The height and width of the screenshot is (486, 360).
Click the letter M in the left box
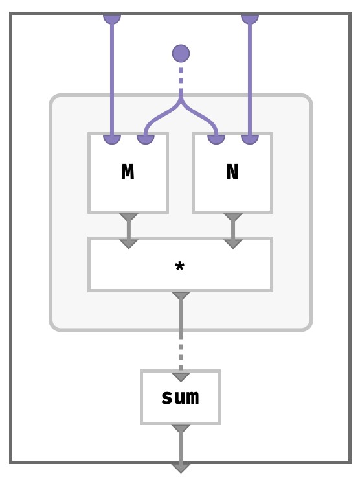pos(128,172)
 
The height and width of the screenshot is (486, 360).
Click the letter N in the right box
pos(232,172)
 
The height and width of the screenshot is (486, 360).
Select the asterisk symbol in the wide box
pos(180,266)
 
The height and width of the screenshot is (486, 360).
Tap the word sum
pos(180,397)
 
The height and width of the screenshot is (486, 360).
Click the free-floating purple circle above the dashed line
pos(181,53)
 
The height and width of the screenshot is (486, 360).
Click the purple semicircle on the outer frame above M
pos(112,18)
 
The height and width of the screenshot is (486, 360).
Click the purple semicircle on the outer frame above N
pos(250,18)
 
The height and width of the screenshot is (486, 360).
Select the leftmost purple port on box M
pos(112,139)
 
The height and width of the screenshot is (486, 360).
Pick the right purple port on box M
pos(146,139)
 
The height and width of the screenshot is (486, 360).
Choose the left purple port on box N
pos(216,139)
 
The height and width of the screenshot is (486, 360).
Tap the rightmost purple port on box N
pos(250,139)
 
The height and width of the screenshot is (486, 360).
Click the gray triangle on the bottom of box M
pos(129,217)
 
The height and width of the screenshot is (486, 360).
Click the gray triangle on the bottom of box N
pos(233,217)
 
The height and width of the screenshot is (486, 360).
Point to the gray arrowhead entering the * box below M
pos(129,244)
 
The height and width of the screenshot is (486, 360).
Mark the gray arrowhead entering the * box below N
pos(233,244)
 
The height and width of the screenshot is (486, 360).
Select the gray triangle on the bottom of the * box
pos(181,295)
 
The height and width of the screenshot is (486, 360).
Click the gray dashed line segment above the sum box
pos(181,353)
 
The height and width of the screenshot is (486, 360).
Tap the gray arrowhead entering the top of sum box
pos(181,377)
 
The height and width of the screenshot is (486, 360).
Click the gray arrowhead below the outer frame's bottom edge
pos(181,468)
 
